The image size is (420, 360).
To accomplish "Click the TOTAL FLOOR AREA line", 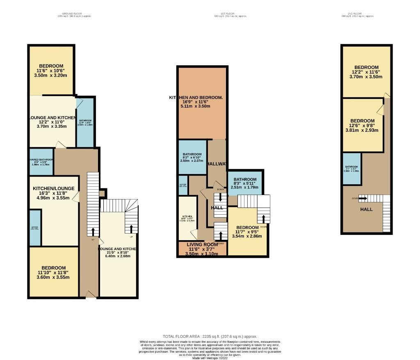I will pos(210,336).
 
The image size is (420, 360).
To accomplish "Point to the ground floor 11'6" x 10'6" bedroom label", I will pos(51,71).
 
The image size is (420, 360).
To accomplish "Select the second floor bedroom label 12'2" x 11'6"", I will pos(366,72).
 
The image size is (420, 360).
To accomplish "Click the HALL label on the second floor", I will pos(366,209).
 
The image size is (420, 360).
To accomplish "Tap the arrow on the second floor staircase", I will pos(363,198).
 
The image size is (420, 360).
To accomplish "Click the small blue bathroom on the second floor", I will pos(352,168).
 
